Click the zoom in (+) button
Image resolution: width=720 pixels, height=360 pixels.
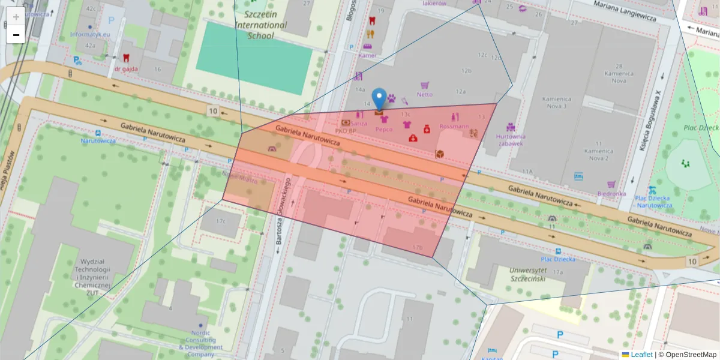coord(16,17)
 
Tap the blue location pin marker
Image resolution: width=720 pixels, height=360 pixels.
coord(379,99)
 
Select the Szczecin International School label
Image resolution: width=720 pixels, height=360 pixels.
coord(260,25)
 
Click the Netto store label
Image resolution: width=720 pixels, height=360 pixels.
coord(425,94)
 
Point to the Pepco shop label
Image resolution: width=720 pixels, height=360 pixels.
coord(383,129)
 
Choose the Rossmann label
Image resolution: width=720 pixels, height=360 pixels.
coord(454,127)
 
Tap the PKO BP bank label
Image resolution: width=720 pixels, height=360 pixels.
coord(346,130)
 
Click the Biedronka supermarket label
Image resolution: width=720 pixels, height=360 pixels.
coord(611,194)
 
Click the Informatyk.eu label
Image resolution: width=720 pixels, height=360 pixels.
coord(90,35)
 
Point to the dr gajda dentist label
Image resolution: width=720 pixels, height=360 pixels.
coord(126,68)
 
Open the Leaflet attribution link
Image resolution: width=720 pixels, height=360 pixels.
coord(641,355)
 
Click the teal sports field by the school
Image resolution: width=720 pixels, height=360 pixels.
coord(254,58)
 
